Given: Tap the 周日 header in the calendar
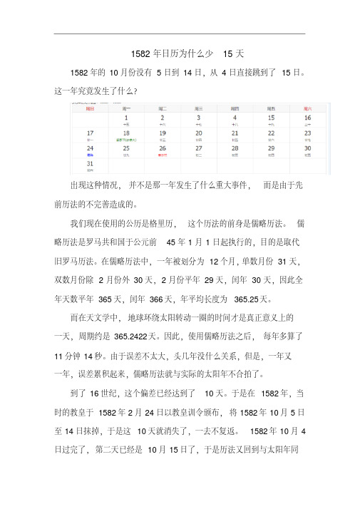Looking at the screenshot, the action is [91, 109].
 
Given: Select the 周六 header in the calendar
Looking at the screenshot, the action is [307, 109].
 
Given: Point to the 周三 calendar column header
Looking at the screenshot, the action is [199, 109].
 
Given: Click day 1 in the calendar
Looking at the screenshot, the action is [127, 118].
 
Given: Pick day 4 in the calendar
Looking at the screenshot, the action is [235, 118].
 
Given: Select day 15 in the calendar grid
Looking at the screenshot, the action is [271, 118].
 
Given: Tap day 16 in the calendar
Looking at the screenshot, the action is [307, 118].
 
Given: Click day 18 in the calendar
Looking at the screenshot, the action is [127, 133].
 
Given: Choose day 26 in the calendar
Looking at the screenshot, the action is [163, 148].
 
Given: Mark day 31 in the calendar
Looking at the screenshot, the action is [91, 163].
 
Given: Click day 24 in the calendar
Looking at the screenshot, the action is [91, 148].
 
